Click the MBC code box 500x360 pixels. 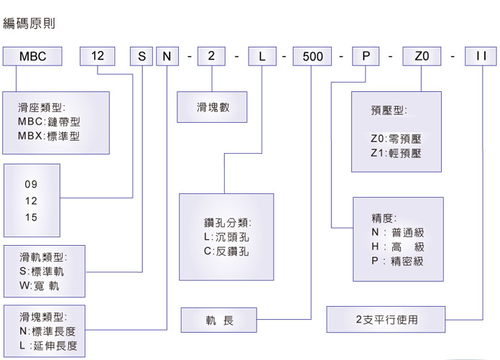[32, 55]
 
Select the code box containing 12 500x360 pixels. [97, 55]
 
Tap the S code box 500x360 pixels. [142, 55]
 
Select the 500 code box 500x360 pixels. [312, 55]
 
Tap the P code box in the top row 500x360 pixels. [366, 55]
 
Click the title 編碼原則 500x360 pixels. [29, 24]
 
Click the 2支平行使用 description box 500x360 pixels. [386, 319]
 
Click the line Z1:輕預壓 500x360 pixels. [396, 153]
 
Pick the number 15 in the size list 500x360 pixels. [31, 217]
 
